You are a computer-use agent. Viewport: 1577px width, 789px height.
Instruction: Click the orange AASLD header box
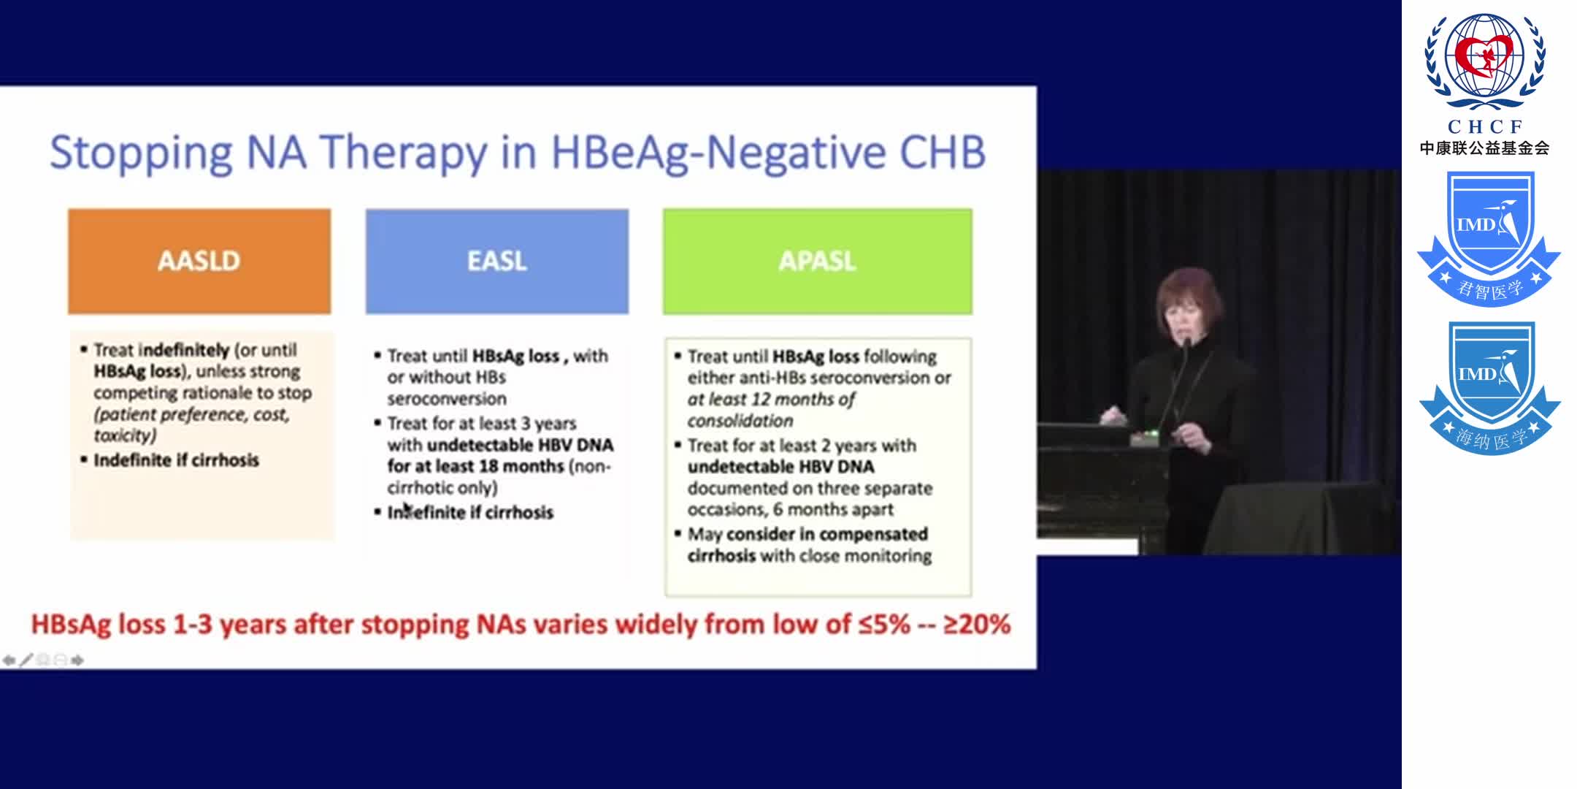[199, 261]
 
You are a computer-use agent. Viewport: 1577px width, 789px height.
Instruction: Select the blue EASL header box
[496, 261]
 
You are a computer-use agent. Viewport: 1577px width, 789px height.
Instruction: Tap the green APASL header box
[817, 261]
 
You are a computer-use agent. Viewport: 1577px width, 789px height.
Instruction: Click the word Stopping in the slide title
[140, 153]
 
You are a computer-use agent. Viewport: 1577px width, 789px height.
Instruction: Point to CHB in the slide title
[942, 153]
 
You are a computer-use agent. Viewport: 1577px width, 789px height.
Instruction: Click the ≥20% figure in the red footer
[977, 625]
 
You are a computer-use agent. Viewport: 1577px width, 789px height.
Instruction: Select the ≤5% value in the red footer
[885, 625]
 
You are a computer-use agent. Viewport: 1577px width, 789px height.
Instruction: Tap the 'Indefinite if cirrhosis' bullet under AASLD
[176, 460]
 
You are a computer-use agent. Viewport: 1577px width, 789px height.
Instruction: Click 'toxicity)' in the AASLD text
[125, 435]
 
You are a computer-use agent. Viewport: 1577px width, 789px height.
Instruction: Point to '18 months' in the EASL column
[521, 466]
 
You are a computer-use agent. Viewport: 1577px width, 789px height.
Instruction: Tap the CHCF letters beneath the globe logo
[1485, 126]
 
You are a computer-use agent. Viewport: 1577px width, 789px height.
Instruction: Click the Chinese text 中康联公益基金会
[1484, 148]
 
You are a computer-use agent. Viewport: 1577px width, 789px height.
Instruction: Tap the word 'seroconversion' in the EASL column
[447, 399]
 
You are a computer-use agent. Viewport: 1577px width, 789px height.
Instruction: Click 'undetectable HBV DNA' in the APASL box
[780, 467]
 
